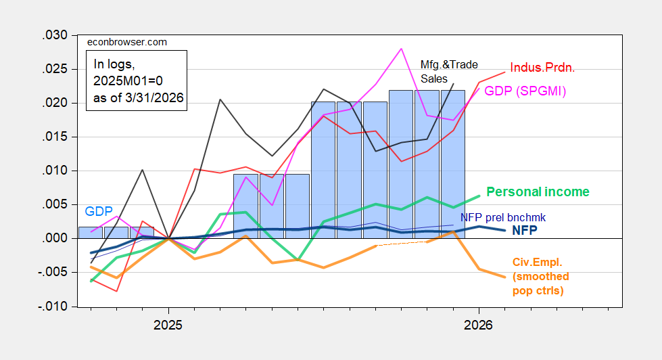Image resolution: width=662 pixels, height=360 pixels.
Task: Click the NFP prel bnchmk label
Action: coord(502,218)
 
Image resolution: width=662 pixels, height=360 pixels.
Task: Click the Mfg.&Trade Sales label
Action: coord(449,71)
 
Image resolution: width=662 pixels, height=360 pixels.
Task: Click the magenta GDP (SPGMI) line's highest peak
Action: coord(402,49)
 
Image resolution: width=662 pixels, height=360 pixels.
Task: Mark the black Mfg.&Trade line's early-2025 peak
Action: coord(220,99)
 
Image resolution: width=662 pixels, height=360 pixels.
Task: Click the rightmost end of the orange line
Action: coord(504,277)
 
